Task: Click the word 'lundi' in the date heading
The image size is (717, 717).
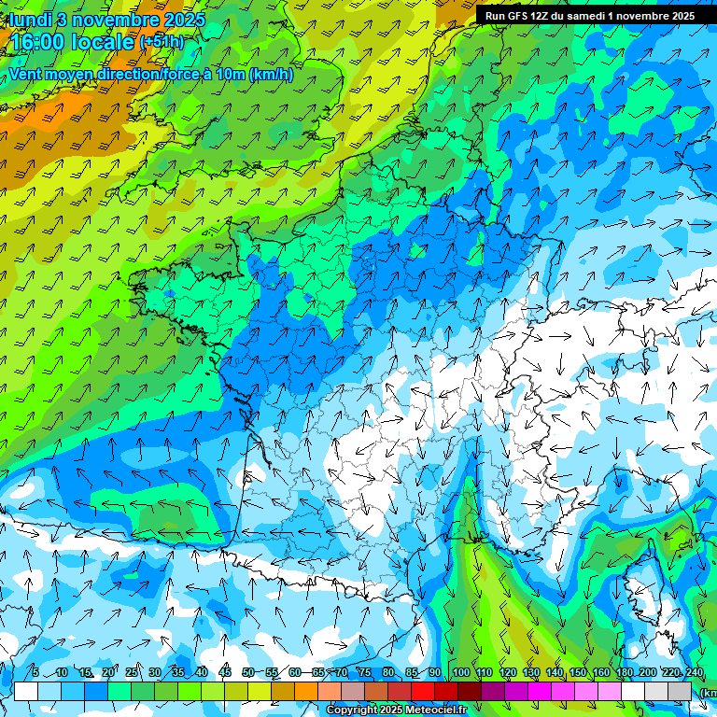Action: (x=28, y=20)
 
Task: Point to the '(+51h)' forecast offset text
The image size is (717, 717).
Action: (x=162, y=42)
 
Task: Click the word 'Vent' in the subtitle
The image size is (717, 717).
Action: (x=26, y=75)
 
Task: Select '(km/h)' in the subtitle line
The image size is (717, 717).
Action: (x=272, y=75)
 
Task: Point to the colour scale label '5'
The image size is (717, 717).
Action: (x=35, y=672)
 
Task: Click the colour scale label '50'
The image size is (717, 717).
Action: (x=247, y=672)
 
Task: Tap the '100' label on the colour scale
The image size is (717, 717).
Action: (x=460, y=672)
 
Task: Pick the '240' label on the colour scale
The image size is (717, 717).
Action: (x=694, y=672)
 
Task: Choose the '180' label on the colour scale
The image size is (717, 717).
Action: (x=624, y=672)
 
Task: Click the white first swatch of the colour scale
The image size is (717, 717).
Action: (x=26, y=691)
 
